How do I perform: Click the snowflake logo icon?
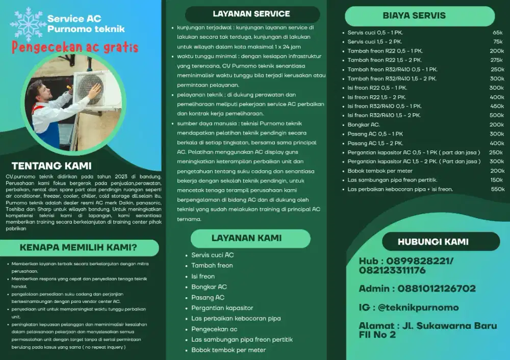(28, 24)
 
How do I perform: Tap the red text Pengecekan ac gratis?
(75, 48)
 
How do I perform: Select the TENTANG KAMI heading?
(52, 166)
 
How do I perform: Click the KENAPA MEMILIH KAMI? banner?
(78, 248)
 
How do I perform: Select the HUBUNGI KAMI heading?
(433, 242)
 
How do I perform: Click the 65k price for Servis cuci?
(498, 33)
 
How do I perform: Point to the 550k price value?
(497, 189)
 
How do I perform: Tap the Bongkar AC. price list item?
(364, 124)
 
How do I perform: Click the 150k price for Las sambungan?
(497, 180)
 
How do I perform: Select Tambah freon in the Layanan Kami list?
(212, 266)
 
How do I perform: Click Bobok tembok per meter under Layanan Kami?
(228, 350)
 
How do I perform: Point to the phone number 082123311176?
(392, 270)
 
